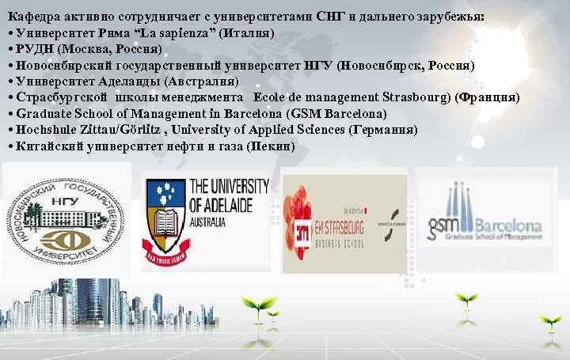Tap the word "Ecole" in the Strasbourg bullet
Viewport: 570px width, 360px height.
click(x=275, y=97)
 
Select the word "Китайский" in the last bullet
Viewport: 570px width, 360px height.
click(x=43, y=146)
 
